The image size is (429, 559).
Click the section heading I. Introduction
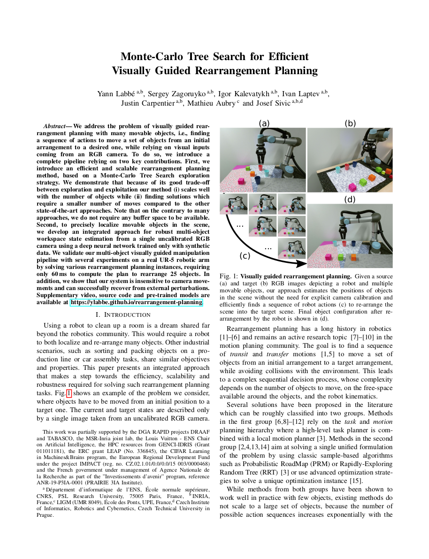[x=123, y=314]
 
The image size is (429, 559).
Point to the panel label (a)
[x=264, y=123]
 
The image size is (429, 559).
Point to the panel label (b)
[x=350, y=123]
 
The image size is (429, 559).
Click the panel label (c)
[x=245, y=256]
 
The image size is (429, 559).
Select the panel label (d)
[x=350, y=199]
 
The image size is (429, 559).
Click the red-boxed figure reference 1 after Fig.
[x=69, y=393]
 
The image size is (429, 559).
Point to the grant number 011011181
[x=50, y=451]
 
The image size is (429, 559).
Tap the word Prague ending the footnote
[x=45, y=514]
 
